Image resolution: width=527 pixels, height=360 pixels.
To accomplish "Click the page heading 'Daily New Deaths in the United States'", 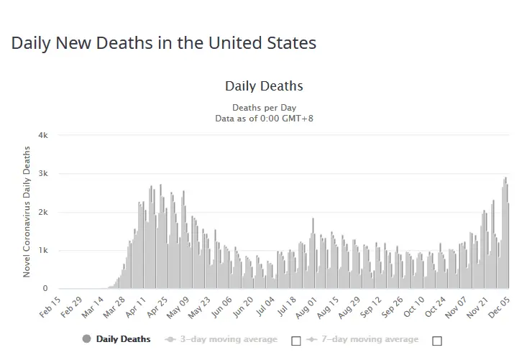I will [163, 43].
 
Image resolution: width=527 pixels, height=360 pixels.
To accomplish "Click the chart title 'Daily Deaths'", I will [264, 86].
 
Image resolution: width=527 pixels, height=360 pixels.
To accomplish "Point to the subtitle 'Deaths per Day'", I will [264, 108].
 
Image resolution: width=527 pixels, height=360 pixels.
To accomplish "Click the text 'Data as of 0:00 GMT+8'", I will [264, 119].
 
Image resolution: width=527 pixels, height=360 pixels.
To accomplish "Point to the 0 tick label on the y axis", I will [45, 289].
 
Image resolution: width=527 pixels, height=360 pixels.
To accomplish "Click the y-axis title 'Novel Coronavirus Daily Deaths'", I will [27, 211].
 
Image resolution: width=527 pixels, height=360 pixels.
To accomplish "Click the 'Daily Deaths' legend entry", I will [123, 339].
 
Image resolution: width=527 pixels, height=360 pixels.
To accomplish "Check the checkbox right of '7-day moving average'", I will [437, 341].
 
